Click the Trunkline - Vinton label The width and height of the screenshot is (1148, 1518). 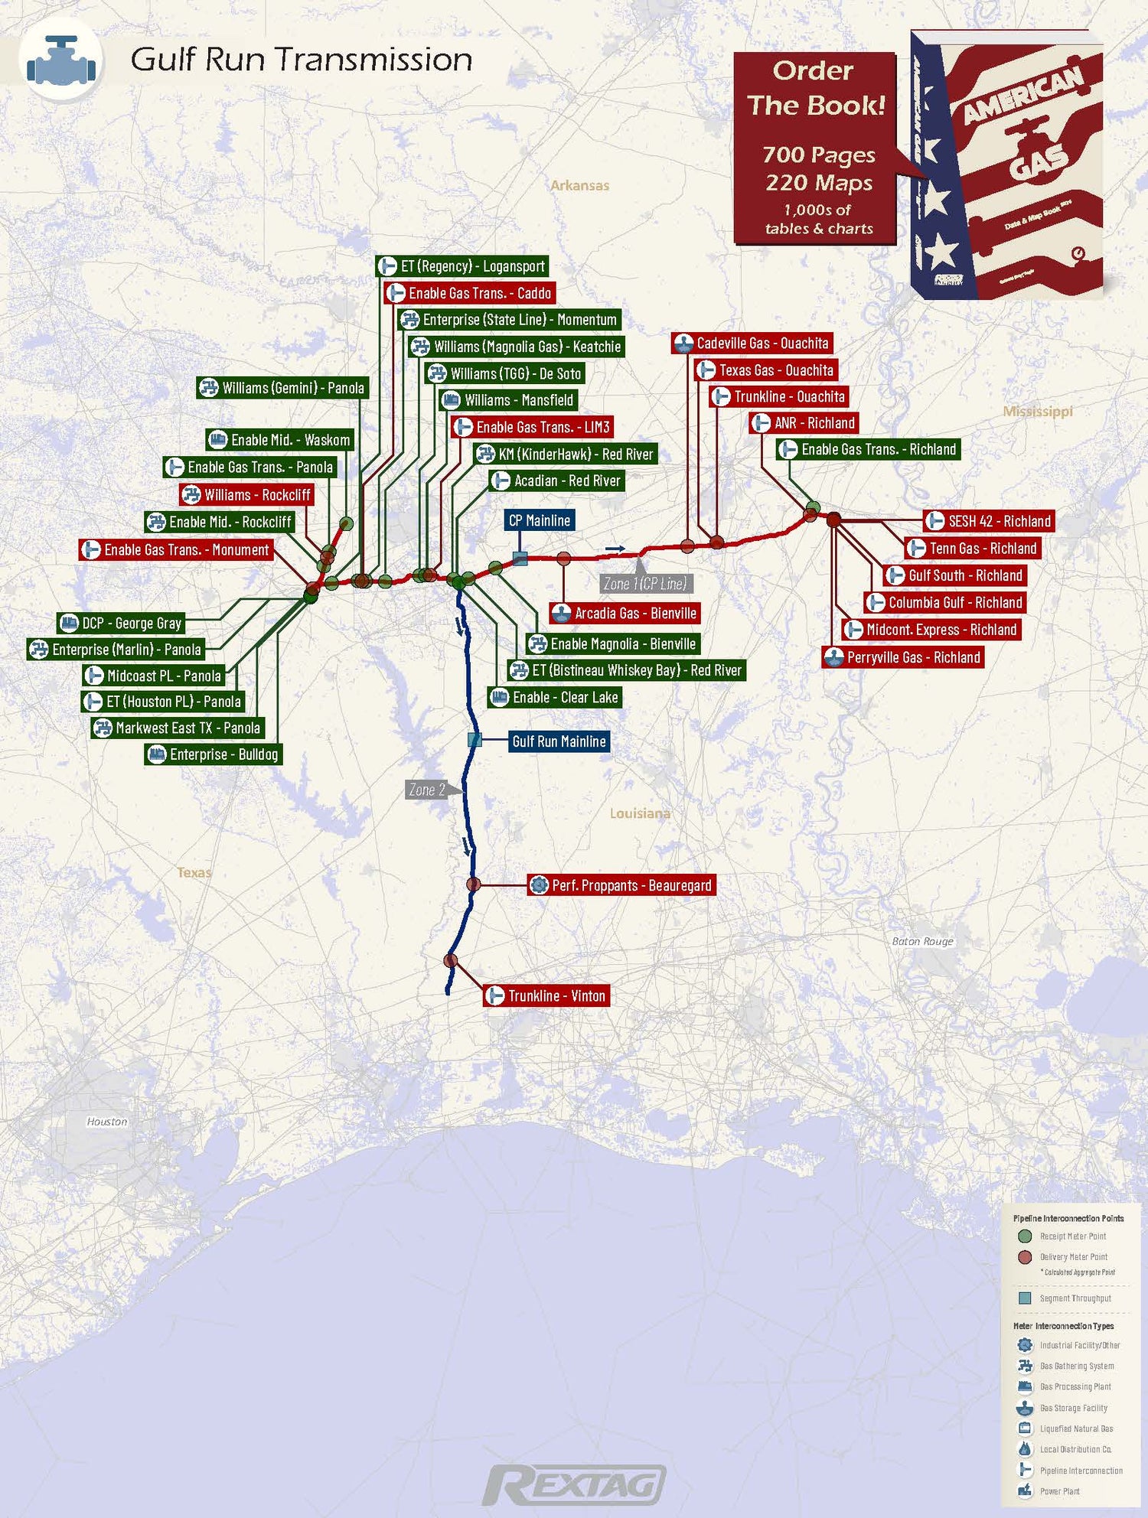[546, 995]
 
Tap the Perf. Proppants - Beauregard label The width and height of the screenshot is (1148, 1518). [621, 885]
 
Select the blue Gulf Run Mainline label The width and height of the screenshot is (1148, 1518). [559, 741]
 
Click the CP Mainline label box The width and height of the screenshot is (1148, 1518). [540, 520]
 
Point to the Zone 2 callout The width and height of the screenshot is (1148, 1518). [427, 790]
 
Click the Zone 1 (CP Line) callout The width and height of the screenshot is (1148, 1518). [645, 584]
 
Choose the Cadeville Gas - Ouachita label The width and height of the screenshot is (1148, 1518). [752, 344]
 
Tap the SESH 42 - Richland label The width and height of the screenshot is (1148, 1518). [989, 521]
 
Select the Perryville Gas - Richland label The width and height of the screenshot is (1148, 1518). [902, 657]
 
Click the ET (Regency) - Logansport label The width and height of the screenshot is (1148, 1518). [462, 266]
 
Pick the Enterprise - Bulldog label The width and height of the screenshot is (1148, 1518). [214, 754]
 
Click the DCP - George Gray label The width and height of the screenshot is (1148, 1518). [122, 623]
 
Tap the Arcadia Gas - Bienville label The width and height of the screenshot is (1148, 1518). [625, 613]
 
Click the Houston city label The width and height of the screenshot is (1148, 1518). [107, 1122]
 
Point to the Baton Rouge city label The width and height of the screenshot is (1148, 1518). [922, 941]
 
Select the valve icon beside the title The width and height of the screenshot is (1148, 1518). [61, 60]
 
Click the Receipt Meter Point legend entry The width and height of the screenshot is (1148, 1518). [1071, 1236]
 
